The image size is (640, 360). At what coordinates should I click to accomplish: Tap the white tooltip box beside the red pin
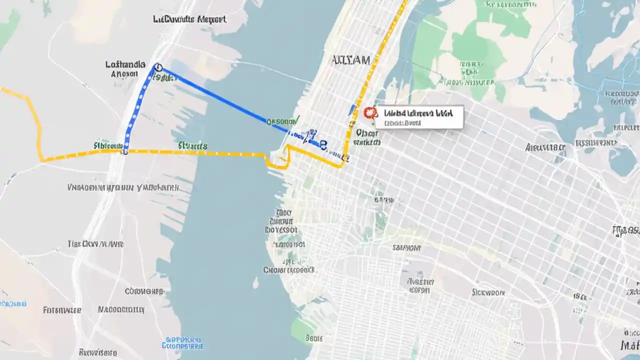[420, 117]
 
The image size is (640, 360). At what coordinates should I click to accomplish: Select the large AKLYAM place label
[351, 60]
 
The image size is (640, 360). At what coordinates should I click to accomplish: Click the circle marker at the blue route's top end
[158, 67]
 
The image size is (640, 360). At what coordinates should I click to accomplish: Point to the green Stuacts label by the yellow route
[192, 145]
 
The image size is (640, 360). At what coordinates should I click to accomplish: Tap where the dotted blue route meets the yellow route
[125, 150]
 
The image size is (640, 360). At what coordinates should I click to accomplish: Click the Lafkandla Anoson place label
[125, 69]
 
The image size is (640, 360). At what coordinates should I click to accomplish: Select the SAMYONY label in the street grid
[406, 248]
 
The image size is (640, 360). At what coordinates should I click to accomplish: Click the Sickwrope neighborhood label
[489, 292]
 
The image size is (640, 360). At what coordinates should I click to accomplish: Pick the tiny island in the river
[255, 284]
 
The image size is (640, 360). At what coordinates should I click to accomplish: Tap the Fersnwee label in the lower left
[62, 310]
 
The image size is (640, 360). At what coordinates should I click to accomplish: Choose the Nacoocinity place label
[122, 309]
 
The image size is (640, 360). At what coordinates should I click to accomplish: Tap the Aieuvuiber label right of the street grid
[545, 147]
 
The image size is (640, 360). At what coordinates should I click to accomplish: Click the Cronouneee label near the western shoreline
[144, 291]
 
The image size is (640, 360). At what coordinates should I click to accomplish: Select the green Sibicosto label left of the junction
[108, 145]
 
